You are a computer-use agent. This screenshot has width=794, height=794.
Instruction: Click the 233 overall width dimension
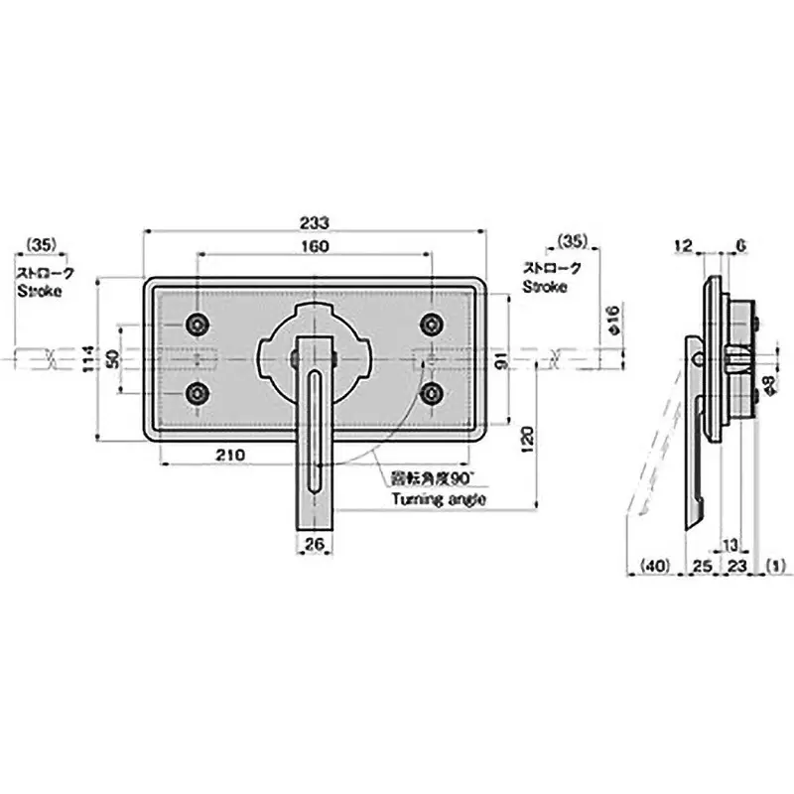tap(315, 223)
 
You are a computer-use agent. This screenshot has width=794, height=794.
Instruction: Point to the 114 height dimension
tap(88, 358)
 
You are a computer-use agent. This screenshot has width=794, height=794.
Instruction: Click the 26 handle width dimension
tap(315, 544)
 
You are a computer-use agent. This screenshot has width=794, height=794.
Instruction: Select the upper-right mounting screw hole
tap(431, 324)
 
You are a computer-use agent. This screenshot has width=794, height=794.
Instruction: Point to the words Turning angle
tap(439, 499)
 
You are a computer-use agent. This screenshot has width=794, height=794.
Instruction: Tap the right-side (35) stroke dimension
tap(572, 241)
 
